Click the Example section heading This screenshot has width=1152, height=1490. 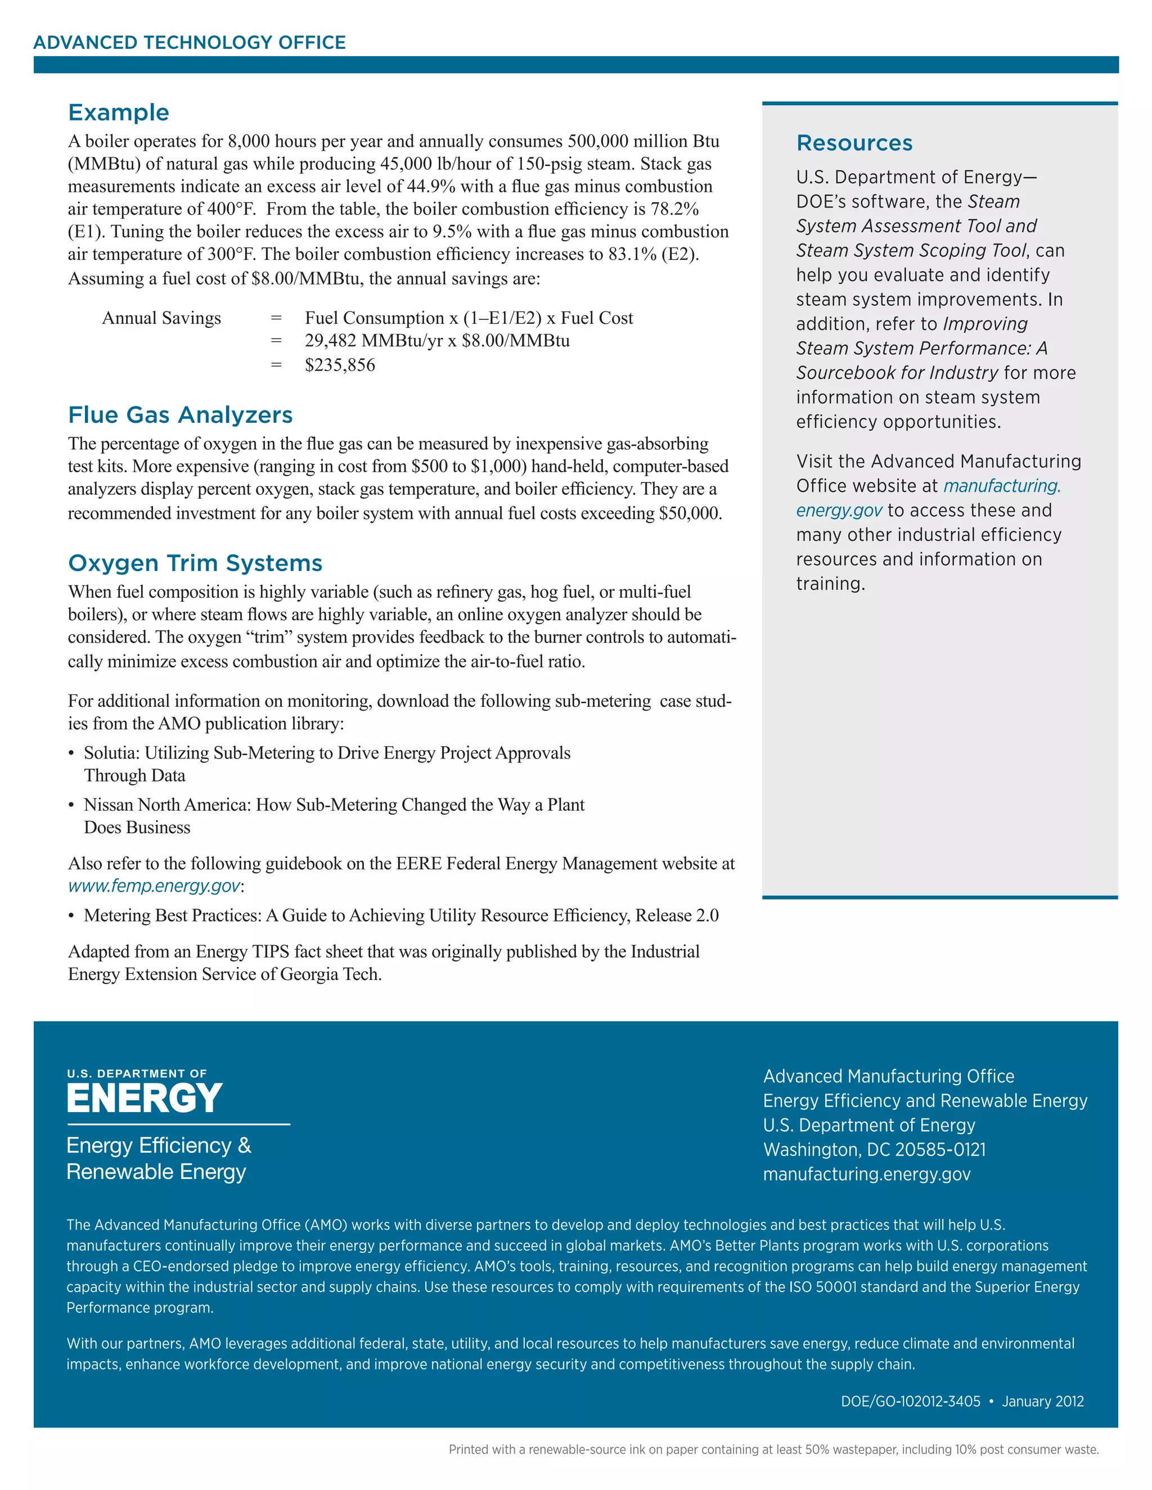pos(119,112)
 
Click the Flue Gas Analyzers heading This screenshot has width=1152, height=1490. pos(180,415)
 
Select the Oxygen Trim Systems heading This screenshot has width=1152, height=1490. pos(195,563)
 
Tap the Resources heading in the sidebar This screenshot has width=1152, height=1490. pos(854,143)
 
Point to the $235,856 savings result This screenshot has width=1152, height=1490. pos(340,365)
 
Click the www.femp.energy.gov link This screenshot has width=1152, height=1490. pos(154,886)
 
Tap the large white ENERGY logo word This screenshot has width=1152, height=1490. pos(144,1099)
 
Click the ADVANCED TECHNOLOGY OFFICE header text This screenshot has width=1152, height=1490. pos(190,43)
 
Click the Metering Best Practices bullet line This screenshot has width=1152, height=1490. pos(400,915)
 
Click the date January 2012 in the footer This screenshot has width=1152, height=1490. pos(1042,1401)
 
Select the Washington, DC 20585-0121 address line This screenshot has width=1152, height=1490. pos(874,1150)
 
